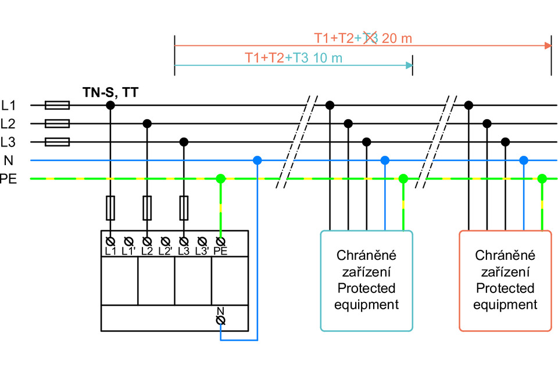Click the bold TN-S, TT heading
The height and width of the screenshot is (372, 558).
click(110, 91)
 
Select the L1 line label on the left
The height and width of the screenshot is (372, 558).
click(8, 105)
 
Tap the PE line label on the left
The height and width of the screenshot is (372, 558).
click(8, 179)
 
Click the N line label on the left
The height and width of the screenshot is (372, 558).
click(8, 160)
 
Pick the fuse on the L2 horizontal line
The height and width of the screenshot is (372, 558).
click(57, 123)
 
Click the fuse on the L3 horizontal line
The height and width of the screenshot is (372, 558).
click(57, 142)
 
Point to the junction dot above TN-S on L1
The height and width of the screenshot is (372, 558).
click(110, 105)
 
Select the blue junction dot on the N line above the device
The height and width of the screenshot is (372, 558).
click(257, 160)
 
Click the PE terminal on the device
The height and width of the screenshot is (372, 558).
click(220, 241)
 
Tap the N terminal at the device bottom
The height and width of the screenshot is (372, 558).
click(220, 320)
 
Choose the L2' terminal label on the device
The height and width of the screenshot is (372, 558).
click(165, 252)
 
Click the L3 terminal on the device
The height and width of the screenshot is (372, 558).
click(184, 241)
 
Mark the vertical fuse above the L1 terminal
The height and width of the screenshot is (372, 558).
click(110, 208)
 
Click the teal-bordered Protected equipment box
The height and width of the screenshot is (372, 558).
click(367, 281)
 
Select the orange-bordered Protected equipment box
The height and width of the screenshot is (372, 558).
click(505, 281)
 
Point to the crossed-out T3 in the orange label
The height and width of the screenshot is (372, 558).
click(370, 39)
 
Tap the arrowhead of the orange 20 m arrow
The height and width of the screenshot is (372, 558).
click(547, 45)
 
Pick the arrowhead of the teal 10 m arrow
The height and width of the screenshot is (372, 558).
click(409, 65)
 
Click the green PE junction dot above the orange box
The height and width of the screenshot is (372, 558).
click(542, 178)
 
